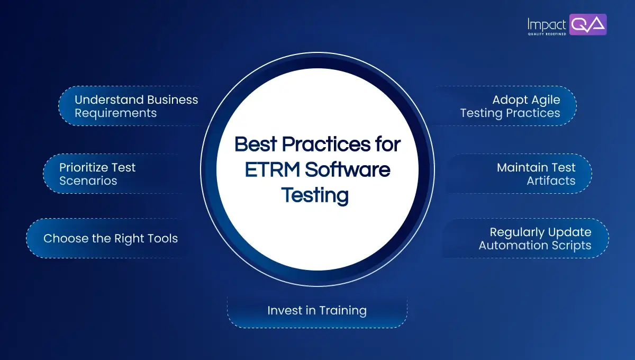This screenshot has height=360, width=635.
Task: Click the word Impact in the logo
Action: (x=547, y=24)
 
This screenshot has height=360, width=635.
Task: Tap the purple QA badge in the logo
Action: (x=588, y=24)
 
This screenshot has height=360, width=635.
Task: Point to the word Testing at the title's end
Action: (x=314, y=195)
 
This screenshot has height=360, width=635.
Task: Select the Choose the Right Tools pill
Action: (x=110, y=238)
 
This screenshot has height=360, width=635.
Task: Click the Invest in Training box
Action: (x=316, y=310)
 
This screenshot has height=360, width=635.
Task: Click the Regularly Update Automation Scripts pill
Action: (x=534, y=239)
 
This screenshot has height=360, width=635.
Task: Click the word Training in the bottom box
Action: (x=342, y=310)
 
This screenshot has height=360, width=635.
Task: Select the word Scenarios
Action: (x=88, y=181)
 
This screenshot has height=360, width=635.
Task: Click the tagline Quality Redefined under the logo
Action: (x=546, y=33)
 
